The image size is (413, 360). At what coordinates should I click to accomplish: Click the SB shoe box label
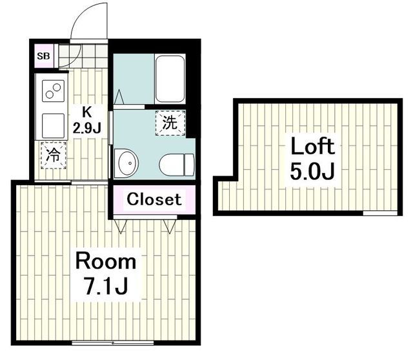tap(43, 56)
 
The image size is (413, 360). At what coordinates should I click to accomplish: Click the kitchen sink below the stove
tap(53, 125)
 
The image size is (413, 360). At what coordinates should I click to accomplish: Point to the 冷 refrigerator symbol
tap(54, 155)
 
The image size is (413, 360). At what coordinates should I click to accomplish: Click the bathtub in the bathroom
tap(169, 79)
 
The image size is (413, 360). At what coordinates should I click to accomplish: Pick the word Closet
tap(154, 199)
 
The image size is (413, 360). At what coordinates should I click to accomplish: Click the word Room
tap(106, 262)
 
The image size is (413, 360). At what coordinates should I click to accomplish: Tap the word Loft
tap(312, 146)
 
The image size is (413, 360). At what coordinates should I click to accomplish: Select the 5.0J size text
tap(312, 173)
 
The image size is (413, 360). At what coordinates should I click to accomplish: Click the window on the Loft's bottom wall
tap(380, 212)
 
